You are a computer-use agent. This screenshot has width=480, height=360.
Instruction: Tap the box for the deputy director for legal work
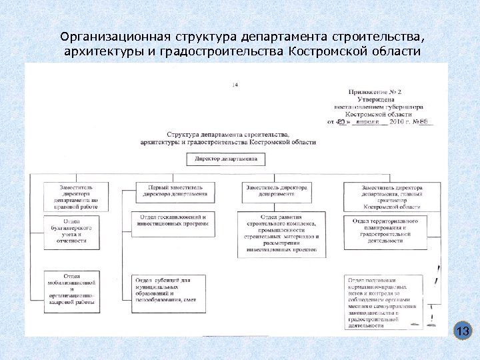71,197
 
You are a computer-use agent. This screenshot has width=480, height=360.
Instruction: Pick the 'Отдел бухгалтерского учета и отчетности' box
71,230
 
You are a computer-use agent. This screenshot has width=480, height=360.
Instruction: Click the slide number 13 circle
463,331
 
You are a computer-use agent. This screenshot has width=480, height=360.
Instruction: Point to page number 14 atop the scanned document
235,85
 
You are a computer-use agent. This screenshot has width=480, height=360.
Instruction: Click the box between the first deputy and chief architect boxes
276,192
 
